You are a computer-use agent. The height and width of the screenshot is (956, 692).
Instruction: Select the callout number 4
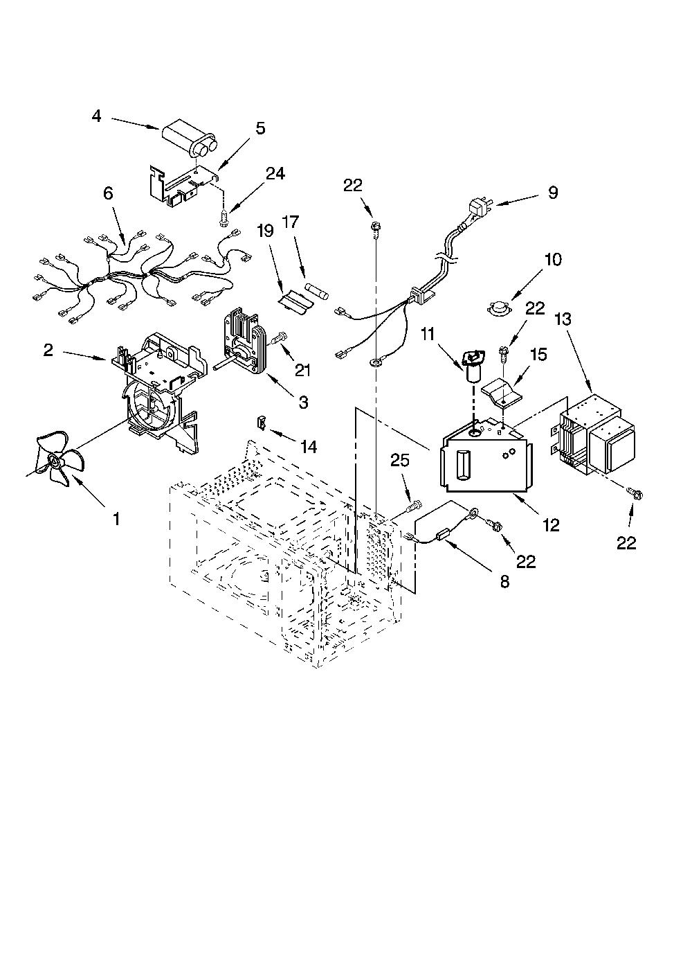(97, 116)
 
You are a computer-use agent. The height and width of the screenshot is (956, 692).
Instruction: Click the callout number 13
(563, 319)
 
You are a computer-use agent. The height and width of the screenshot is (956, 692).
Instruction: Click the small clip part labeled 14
(259, 422)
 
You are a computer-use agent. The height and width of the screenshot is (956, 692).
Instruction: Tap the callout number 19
(265, 231)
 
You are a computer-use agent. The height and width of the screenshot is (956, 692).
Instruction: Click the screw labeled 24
(222, 220)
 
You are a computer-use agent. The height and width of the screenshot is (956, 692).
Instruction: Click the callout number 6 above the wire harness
(108, 194)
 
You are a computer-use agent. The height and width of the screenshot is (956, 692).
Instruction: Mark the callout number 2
(48, 351)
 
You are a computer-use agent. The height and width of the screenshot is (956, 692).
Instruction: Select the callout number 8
(504, 582)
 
